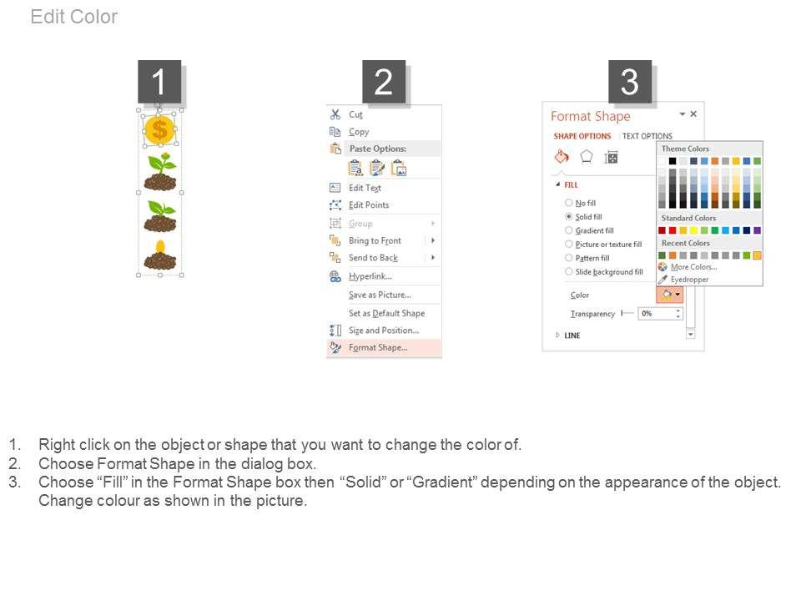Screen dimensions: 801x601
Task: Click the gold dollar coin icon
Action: (159, 129)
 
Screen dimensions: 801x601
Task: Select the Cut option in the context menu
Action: (355, 114)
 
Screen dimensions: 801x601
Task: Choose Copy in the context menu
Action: (359, 131)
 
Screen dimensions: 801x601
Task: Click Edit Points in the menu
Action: (369, 205)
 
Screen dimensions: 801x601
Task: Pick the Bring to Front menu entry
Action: (375, 240)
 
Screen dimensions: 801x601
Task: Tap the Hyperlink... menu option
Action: (370, 276)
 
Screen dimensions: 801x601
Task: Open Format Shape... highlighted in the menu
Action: (378, 347)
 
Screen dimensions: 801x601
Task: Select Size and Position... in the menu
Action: (384, 331)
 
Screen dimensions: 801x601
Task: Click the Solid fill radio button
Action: (568, 217)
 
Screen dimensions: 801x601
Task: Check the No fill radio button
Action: (568, 203)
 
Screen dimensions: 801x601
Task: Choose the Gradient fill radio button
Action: (568, 230)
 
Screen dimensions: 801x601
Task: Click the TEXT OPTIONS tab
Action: (647, 136)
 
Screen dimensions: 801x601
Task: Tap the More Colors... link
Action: (693, 267)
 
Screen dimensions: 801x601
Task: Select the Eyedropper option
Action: (690, 280)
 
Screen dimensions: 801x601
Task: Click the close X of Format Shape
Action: (693, 114)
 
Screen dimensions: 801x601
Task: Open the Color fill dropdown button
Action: (670, 295)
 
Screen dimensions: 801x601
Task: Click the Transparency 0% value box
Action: (659, 313)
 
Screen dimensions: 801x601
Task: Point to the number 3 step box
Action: (630, 82)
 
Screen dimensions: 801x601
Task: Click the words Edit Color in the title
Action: (74, 17)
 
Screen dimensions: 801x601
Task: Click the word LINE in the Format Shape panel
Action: (572, 336)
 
